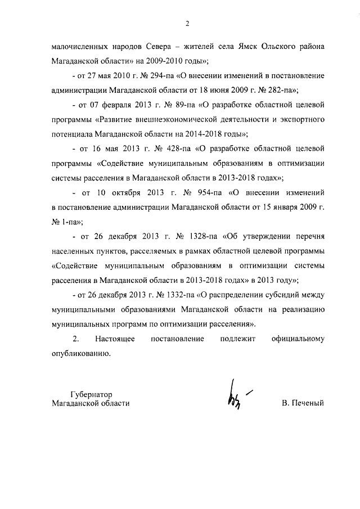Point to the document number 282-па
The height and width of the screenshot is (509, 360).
(x=282, y=89)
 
